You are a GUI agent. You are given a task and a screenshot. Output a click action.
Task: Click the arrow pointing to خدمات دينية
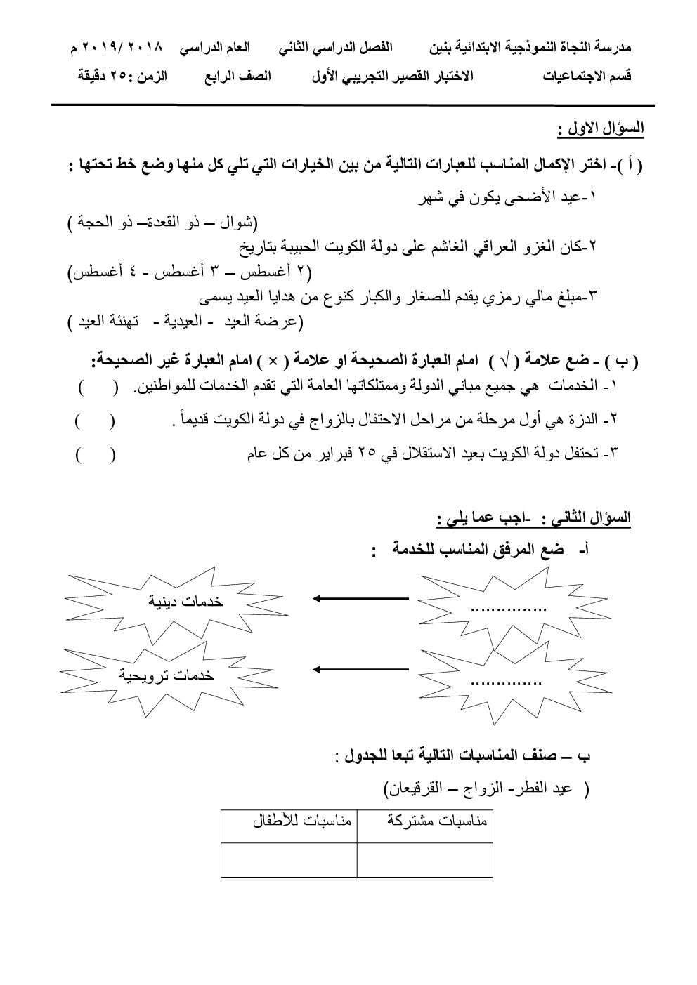(360, 598)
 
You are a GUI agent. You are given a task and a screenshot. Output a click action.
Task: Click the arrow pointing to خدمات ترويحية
(360, 668)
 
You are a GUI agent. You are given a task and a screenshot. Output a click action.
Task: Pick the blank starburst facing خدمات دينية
(507, 604)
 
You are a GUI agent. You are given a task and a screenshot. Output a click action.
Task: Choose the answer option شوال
(236, 224)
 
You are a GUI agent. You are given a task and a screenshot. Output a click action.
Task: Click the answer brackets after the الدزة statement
(96, 421)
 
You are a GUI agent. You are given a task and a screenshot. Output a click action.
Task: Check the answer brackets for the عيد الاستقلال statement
(96, 454)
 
